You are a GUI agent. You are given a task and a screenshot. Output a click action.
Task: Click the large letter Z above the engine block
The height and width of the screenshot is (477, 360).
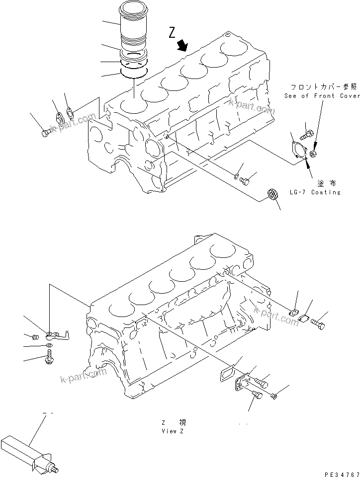(172, 33)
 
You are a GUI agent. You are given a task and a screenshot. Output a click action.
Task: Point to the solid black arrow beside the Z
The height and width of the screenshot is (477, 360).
(182, 45)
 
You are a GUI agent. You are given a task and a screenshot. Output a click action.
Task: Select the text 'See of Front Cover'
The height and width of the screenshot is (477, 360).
(322, 96)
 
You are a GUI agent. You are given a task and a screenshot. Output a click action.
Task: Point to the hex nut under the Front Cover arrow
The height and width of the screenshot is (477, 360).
(314, 155)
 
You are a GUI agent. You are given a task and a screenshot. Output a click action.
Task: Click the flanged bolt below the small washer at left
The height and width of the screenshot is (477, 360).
(50, 355)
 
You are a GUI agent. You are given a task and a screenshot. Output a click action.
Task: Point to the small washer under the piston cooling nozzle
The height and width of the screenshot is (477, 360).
(48, 345)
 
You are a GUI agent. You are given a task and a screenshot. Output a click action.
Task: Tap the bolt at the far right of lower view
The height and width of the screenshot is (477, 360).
(319, 323)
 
